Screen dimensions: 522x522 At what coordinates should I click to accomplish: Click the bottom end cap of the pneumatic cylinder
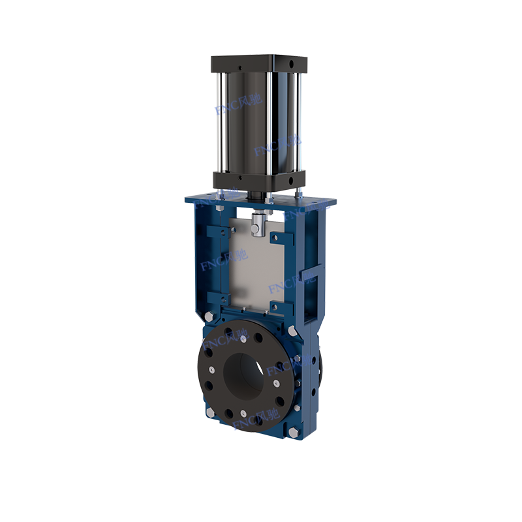pyautogui.click(x=258, y=179)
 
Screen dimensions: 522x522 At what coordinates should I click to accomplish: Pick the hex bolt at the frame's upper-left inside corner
pyautogui.click(x=219, y=207)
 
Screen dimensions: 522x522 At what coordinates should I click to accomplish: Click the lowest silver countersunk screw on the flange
pyautogui.click(x=242, y=412)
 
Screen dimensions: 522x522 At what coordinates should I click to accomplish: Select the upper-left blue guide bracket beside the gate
pyautogui.click(x=215, y=232)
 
